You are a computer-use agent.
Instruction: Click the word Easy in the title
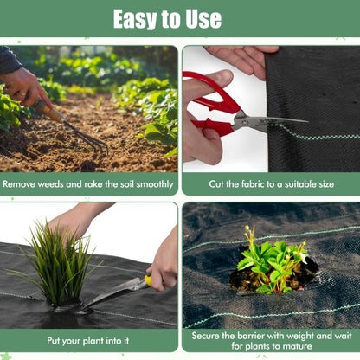pyautogui.click(x=138, y=19)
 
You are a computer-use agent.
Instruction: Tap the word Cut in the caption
pyautogui.click(x=217, y=184)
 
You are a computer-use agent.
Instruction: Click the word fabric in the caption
pyautogui.click(x=254, y=184)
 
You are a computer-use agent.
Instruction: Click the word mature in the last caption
pyautogui.click(x=299, y=347)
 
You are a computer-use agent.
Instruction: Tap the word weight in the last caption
pyautogui.click(x=318, y=335)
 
